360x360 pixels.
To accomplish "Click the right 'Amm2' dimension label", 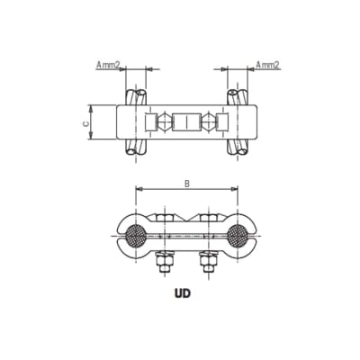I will point(267,65).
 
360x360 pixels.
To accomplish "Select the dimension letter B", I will point(186,184).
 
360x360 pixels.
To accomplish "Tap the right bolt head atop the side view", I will point(208,217).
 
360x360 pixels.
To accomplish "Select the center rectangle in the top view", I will point(187,122).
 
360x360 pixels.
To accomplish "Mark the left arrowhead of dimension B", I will point(138,190).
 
